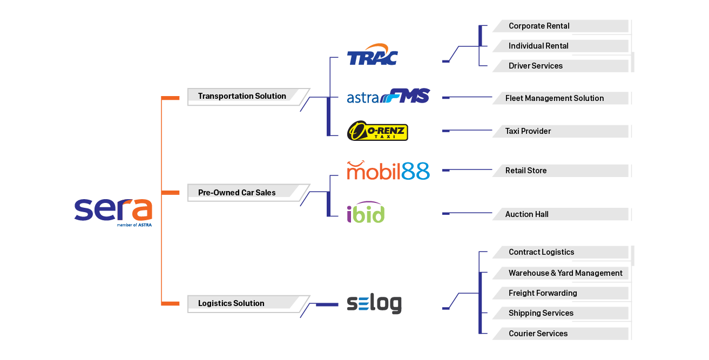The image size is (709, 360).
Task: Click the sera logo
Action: (x=113, y=211)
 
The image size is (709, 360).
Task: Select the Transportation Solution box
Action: (x=242, y=96)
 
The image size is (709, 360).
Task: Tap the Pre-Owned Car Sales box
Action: (x=238, y=193)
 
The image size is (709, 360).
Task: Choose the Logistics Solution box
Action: (x=232, y=303)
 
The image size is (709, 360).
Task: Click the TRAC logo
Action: (x=373, y=55)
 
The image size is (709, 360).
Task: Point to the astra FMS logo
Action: (x=388, y=97)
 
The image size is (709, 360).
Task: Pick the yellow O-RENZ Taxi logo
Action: (x=377, y=131)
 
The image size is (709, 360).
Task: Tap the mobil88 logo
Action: (x=388, y=171)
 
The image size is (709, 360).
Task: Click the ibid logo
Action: (x=366, y=213)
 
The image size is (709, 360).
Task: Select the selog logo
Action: (x=374, y=304)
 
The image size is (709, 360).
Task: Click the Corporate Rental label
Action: (x=539, y=26)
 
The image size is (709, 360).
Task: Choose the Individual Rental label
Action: (x=538, y=46)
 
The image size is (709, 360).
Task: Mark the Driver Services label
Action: (x=536, y=66)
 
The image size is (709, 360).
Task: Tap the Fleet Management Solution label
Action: (x=555, y=98)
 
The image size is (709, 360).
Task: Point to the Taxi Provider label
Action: (x=528, y=131)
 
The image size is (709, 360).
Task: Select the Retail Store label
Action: (x=526, y=171)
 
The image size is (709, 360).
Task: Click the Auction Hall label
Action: (x=527, y=214)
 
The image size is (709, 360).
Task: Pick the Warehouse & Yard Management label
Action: (x=565, y=273)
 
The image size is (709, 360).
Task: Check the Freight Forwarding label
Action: (x=543, y=293)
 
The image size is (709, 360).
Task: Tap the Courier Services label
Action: (x=538, y=334)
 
